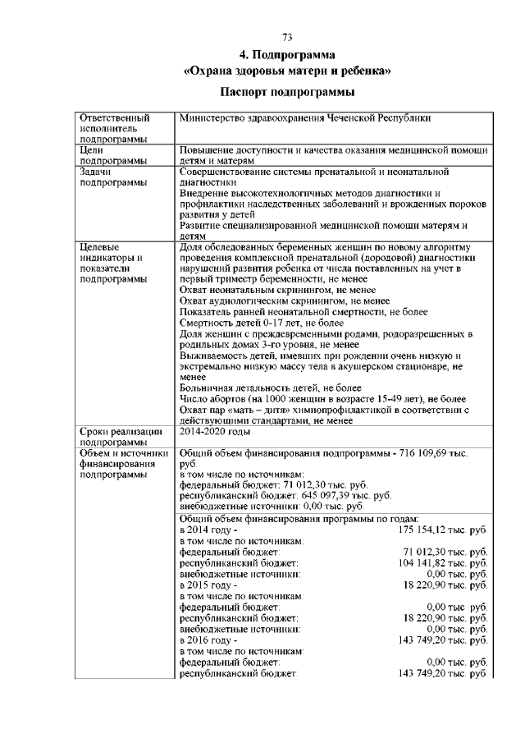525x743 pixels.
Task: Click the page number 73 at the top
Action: coord(287,37)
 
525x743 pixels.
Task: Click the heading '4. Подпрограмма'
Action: coord(286,55)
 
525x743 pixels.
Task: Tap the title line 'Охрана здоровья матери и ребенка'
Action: coord(286,71)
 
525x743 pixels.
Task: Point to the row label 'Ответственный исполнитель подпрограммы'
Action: coord(115,129)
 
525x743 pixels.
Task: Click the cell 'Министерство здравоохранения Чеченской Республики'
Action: coord(304,118)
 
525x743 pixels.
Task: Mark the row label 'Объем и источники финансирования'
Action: coord(123,463)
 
